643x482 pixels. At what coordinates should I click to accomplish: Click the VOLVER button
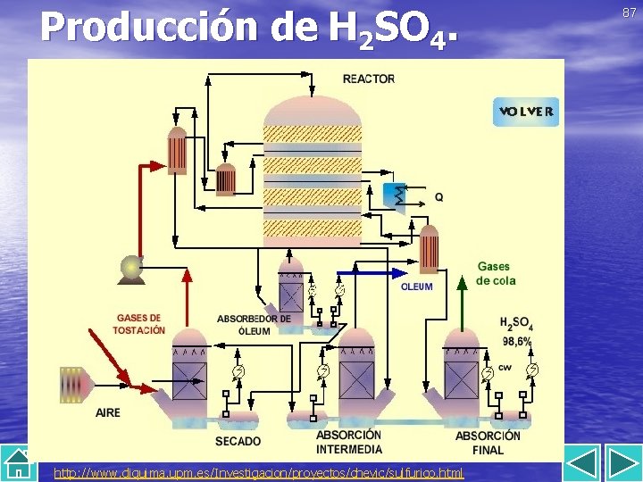tap(526, 112)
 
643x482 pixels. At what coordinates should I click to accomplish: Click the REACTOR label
tap(368, 79)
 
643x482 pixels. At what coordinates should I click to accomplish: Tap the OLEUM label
tap(416, 287)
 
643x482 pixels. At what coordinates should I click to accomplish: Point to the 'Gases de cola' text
tap(496, 273)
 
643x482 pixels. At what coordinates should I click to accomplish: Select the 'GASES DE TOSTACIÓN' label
tap(139, 324)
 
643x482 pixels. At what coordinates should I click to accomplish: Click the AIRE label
tap(108, 412)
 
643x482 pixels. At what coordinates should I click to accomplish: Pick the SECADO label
tap(238, 441)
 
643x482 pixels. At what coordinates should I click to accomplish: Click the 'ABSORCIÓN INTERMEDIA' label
tap(349, 442)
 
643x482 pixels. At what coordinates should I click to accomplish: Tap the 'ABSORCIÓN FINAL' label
tap(488, 442)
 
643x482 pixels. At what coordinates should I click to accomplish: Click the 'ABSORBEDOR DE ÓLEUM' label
tap(254, 324)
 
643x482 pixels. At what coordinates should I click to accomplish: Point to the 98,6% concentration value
tap(516, 341)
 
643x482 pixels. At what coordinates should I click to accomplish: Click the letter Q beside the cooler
tap(438, 197)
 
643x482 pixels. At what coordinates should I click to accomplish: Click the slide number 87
tap(630, 12)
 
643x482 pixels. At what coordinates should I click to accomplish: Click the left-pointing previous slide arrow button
tap(583, 466)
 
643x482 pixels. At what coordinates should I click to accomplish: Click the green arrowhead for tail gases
tap(462, 284)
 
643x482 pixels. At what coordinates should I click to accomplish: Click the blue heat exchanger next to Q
tap(394, 195)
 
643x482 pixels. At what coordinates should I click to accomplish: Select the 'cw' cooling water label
tap(505, 367)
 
